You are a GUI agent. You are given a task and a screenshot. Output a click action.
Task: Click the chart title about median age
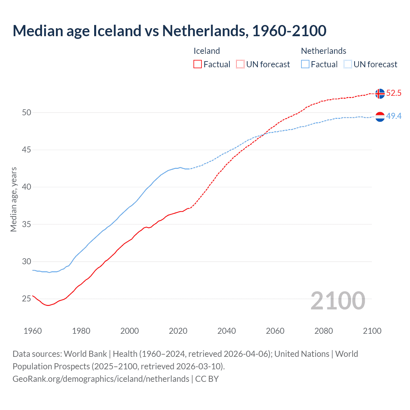169,31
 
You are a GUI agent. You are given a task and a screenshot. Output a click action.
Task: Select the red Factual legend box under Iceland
198,64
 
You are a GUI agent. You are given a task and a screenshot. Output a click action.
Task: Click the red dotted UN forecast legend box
240,64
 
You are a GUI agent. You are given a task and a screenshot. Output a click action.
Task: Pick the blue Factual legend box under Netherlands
305,64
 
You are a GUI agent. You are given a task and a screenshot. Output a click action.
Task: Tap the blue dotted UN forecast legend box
348,64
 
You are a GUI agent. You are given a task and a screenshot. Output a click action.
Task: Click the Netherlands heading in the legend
324,51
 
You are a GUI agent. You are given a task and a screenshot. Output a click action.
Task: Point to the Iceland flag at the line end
380,94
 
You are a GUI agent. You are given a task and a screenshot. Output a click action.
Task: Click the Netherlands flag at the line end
380,117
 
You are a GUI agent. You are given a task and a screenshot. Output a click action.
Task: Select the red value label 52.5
394,93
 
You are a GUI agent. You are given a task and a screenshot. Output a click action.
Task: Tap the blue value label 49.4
394,116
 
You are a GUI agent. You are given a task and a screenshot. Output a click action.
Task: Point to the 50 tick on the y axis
27,112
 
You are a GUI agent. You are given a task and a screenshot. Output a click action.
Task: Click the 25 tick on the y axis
27,299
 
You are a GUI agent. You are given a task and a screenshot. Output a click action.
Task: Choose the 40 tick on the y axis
27,187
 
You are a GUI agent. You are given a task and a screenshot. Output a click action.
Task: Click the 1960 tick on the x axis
33,331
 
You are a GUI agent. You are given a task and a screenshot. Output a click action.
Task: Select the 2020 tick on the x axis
178,331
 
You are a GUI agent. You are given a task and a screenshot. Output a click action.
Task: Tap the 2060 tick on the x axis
275,331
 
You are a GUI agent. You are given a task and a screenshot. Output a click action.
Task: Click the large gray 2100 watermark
338,300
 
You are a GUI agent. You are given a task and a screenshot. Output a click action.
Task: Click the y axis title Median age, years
13,199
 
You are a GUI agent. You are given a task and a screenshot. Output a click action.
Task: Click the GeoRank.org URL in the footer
101,379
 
